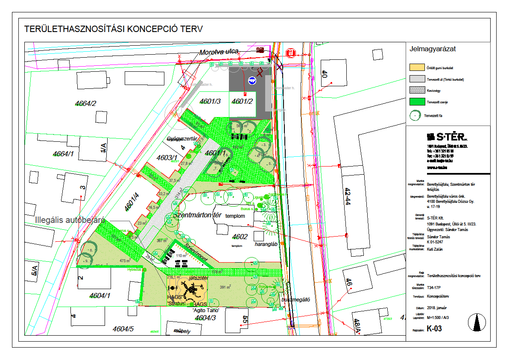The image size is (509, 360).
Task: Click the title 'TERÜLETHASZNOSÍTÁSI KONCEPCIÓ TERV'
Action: click(113, 29)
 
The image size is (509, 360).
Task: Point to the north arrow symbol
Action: click(477, 322)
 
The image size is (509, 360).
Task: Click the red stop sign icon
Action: click(291, 53)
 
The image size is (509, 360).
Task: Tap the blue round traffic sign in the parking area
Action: click(252, 80)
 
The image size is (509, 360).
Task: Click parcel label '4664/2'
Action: click(85, 103)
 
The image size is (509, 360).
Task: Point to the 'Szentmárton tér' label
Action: click(197, 215)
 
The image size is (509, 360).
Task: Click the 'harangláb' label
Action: click(266, 244)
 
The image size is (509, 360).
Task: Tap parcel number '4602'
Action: click(240, 237)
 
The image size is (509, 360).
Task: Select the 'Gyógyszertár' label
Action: click(182, 139)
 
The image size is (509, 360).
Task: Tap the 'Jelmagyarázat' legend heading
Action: click(433, 49)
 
